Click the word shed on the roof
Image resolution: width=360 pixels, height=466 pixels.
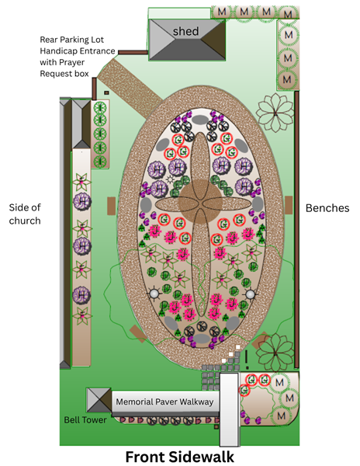(185, 31)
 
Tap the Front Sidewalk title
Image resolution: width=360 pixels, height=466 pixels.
(180, 457)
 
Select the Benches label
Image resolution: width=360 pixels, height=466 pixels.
(327, 208)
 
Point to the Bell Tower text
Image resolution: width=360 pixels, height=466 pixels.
(85, 420)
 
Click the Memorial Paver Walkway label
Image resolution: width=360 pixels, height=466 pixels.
(164, 402)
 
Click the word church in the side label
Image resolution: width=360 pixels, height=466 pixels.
(25, 221)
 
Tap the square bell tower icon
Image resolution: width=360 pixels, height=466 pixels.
(99, 400)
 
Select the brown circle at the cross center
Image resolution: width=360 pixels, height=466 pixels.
(200, 201)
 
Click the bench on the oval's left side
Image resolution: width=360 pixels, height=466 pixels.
(111, 206)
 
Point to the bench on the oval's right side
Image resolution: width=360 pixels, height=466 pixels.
(289, 205)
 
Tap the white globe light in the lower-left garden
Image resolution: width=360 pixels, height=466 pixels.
(154, 294)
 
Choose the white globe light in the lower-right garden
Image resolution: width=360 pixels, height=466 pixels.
(250, 294)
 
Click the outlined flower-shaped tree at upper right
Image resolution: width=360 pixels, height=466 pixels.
(275, 113)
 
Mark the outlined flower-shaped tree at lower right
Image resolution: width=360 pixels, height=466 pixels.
(275, 353)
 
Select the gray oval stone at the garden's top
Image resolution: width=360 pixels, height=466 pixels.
(200, 120)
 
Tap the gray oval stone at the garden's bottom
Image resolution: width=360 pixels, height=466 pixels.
(202, 338)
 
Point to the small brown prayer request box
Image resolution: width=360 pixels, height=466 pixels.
(106, 92)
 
